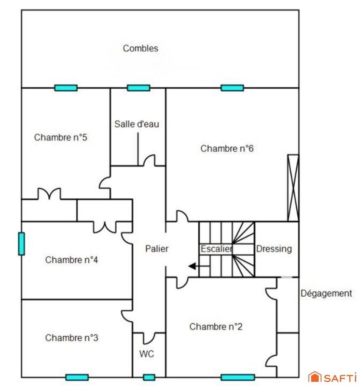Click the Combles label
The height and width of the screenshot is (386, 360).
tap(140, 48)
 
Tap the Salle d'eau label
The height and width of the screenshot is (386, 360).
tap(137, 124)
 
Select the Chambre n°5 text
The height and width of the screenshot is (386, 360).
tap(60, 138)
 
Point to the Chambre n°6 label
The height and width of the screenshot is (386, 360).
tap(227, 149)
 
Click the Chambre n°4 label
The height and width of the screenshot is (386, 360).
tap(72, 260)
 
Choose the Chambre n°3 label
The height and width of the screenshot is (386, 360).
tap(72, 338)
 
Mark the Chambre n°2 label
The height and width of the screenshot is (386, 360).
tap(216, 327)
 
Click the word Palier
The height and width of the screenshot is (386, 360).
tap(157, 249)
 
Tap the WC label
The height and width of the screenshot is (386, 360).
tap(147, 354)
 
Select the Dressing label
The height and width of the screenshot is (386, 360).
tap(274, 249)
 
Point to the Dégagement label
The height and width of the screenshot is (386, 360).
tap(326, 293)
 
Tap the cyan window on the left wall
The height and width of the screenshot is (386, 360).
tap(21, 244)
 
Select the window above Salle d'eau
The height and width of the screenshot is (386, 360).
tap(138, 88)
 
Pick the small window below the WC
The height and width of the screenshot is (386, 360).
tap(149, 377)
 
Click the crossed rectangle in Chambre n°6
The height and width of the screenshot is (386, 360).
tap(293, 188)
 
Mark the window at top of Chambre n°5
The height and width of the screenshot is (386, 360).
tap(66, 88)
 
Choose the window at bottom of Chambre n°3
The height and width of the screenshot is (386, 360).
tap(77, 377)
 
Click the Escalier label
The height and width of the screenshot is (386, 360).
tap(216, 249)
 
